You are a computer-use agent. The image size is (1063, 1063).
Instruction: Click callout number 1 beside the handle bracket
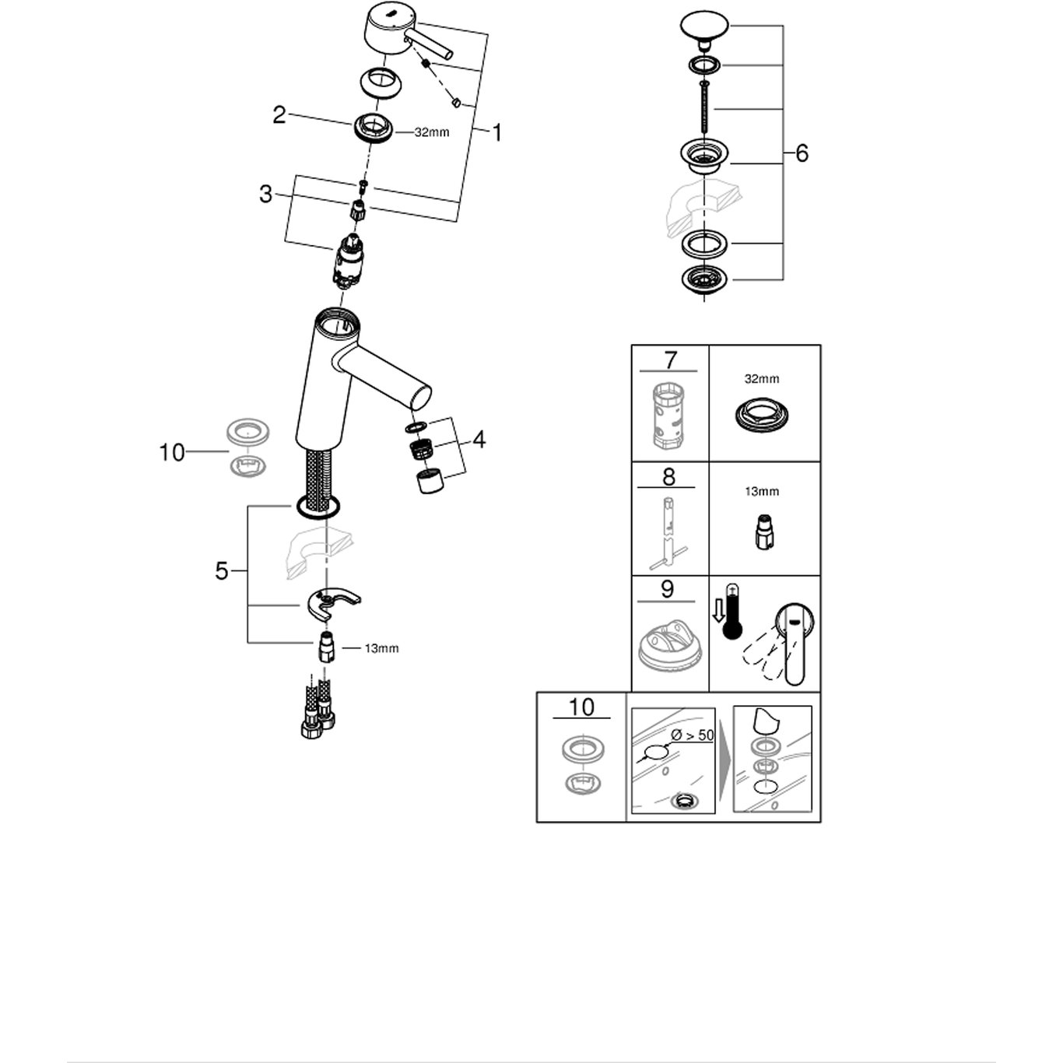point(496,133)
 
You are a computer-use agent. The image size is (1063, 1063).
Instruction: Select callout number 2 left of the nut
point(279,115)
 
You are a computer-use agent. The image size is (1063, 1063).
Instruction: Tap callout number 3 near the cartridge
point(266,194)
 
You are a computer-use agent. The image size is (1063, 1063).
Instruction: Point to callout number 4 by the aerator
point(479,440)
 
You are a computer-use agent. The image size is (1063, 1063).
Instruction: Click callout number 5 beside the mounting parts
point(222,572)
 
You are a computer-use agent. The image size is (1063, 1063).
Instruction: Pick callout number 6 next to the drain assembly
point(802,153)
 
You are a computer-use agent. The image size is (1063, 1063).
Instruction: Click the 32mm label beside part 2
point(431,132)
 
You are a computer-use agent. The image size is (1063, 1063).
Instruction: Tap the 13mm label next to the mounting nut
point(381,648)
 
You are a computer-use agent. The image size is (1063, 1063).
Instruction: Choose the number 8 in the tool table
point(668,475)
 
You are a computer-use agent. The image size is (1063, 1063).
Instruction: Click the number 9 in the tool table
point(667,589)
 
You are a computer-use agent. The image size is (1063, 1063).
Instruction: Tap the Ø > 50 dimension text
point(693,735)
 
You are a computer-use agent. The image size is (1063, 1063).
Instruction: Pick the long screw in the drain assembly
point(704,108)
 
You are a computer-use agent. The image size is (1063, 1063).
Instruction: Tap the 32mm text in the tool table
point(761,379)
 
